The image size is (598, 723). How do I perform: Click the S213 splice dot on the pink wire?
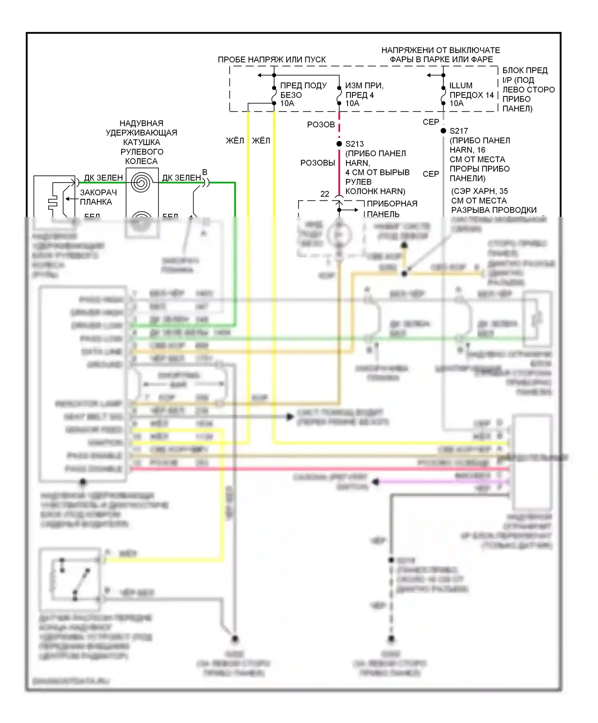339,143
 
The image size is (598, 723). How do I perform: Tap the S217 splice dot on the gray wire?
443,131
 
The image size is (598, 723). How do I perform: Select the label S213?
354,144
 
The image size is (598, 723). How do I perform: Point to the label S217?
458,131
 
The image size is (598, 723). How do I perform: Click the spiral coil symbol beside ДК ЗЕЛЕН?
141,183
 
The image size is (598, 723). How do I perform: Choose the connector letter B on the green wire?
205,172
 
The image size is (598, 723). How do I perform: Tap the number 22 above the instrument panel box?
325,194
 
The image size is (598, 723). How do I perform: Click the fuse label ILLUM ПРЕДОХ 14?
471,90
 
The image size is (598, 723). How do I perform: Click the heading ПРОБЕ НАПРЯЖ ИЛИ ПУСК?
271,60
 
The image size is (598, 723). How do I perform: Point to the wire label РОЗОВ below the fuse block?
321,125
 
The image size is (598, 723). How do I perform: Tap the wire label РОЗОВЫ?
318,163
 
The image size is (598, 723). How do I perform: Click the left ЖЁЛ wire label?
235,141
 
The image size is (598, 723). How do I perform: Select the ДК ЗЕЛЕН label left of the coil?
103,178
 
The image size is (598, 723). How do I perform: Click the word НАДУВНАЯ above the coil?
142,124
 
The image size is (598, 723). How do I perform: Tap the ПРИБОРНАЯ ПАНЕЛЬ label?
391,208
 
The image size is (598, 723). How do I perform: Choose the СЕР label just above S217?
431,122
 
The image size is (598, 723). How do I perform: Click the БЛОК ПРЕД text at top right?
525,71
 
